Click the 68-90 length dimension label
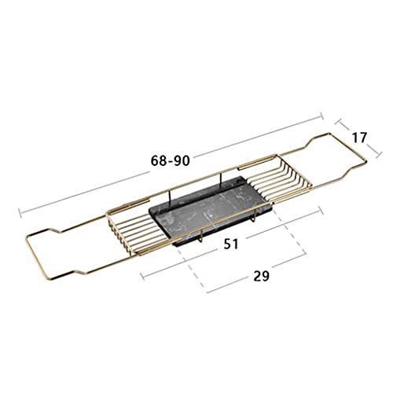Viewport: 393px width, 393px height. pos(170,160)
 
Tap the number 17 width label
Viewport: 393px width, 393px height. pos(359,138)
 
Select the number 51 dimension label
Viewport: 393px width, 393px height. pos(231,244)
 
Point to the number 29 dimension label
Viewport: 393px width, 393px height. pos(261,276)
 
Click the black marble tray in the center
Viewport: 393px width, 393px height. pos(210,210)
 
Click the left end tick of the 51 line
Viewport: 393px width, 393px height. pos(142,276)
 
